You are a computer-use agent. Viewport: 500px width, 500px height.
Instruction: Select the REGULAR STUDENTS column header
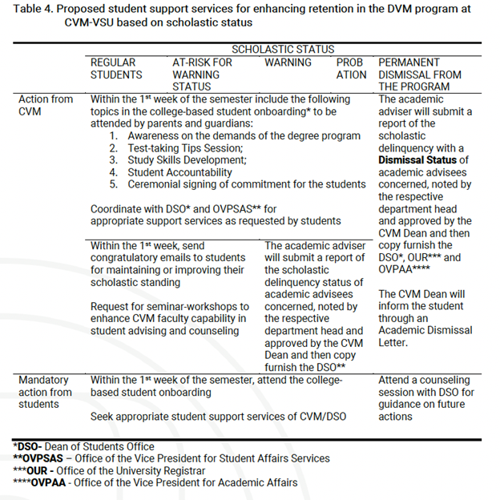116,68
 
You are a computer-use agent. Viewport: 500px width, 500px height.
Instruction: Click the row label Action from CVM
46,105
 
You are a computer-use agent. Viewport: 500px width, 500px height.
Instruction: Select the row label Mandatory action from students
46,392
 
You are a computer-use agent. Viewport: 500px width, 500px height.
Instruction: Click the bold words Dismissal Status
417,160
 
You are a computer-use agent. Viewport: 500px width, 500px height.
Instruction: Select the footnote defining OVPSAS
171,458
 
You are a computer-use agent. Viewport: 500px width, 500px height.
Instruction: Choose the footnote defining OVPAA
155,482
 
